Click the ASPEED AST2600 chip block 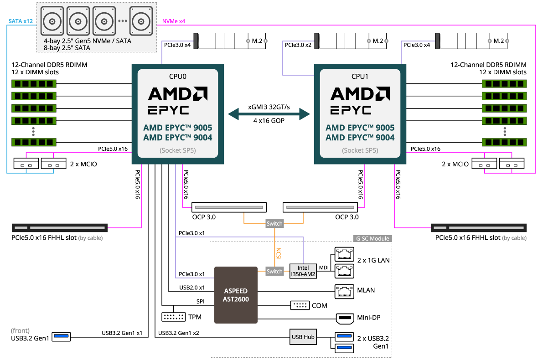click(236, 295)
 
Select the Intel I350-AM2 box click(303, 271)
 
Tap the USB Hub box click(303, 337)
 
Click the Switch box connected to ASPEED click(274, 271)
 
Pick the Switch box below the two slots click(274, 223)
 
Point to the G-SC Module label click(372, 238)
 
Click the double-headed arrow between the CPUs click(269, 114)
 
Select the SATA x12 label click(21, 21)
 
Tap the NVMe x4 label click(174, 21)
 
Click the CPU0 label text click(178, 77)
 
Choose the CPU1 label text click(360, 77)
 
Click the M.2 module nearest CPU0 click(230, 41)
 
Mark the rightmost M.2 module click(472, 41)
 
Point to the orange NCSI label click(279, 253)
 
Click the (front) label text click(20, 330)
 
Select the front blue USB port click(62, 337)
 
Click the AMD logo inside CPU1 click(360, 94)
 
